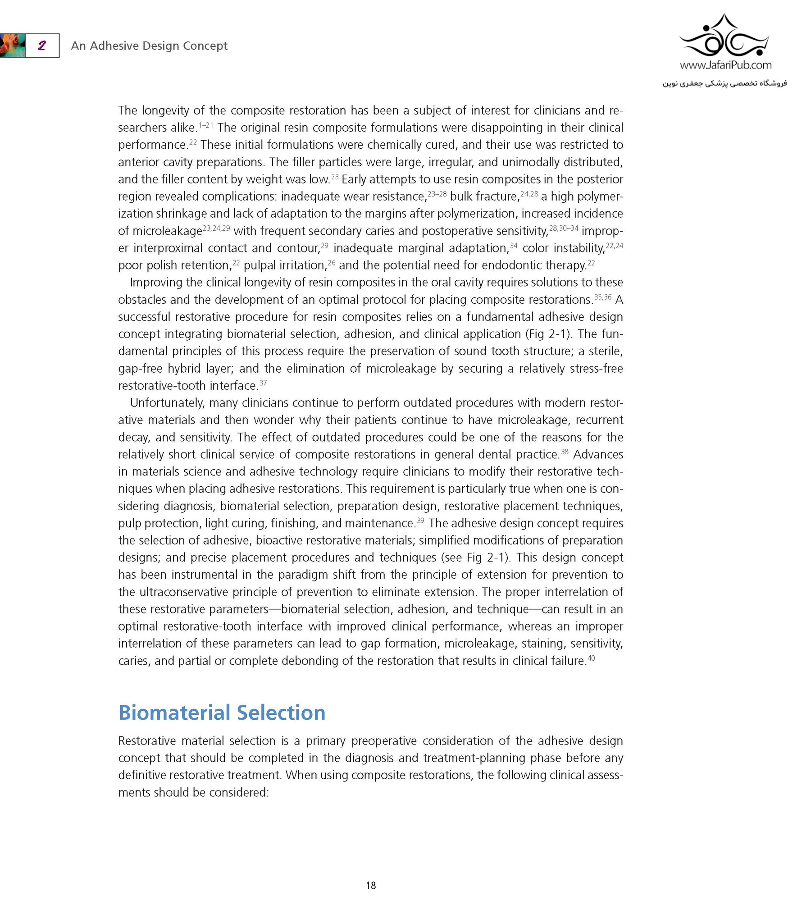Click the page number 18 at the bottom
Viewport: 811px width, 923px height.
(x=371, y=886)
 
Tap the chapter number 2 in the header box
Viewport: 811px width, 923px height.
(x=42, y=46)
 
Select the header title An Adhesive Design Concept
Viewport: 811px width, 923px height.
(x=149, y=46)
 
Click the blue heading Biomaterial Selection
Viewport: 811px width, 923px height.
(x=222, y=713)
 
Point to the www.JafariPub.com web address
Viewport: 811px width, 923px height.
(x=725, y=65)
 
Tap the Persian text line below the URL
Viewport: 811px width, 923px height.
(x=724, y=83)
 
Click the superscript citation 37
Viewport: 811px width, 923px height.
(x=263, y=383)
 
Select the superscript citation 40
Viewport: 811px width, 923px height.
(x=591, y=658)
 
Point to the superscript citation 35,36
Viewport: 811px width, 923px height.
(x=603, y=297)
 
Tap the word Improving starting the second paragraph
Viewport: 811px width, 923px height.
(x=155, y=282)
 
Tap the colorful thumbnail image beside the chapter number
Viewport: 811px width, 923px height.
(x=12, y=46)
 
